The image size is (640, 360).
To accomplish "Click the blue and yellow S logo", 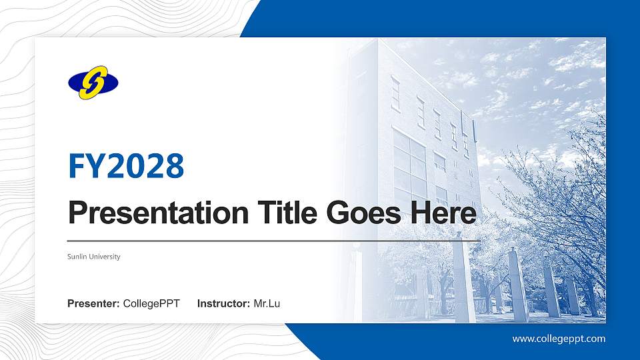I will pyautogui.click(x=93, y=83).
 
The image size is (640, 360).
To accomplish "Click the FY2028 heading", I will pyautogui.click(x=126, y=166).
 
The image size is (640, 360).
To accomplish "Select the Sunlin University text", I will pyautogui.click(x=94, y=257).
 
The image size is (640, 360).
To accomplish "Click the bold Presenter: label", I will pyautogui.click(x=93, y=304).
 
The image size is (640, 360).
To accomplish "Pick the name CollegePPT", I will pyautogui.click(x=151, y=304).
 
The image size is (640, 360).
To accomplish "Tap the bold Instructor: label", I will pyautogui.click(x=224, y=304).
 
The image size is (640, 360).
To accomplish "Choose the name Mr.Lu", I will pyautogui.click(x=267, y=304).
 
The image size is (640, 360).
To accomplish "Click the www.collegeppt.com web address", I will pyautogui.click(x=559, y=339).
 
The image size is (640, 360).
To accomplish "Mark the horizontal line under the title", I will pyautogui.click(x=273, y=240).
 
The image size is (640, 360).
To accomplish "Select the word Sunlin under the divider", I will pyautogui.click(x=77, y=257).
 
